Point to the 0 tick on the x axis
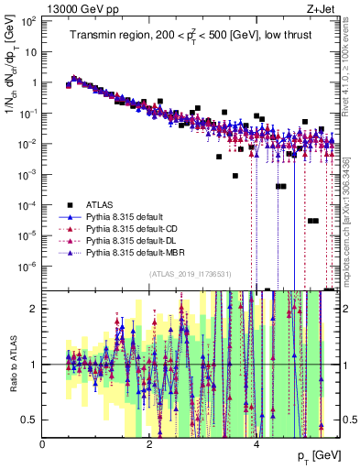coord(43,443)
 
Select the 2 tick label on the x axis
coord(150,443)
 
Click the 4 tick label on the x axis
coord(256,443)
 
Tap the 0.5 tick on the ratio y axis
coord(29,420)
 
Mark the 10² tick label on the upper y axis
coord(27,20)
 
